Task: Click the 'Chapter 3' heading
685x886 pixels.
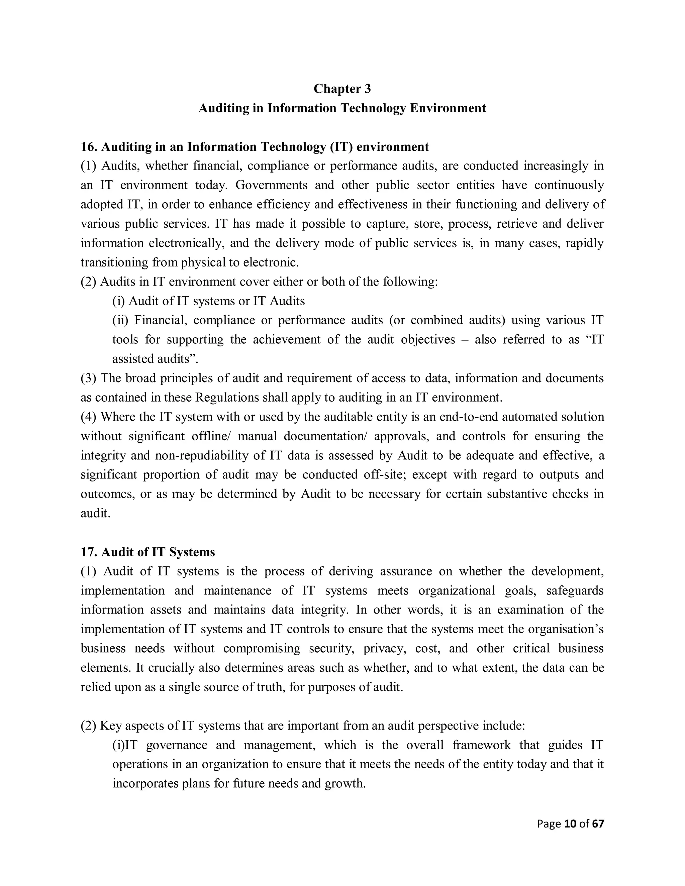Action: click(x=342, y=89)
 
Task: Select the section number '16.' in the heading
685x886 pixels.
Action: click(x=89, y=147)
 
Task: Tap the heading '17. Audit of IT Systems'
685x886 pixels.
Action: click(x=148, y=552)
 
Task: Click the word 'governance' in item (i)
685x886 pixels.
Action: click(x=177, y=745)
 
